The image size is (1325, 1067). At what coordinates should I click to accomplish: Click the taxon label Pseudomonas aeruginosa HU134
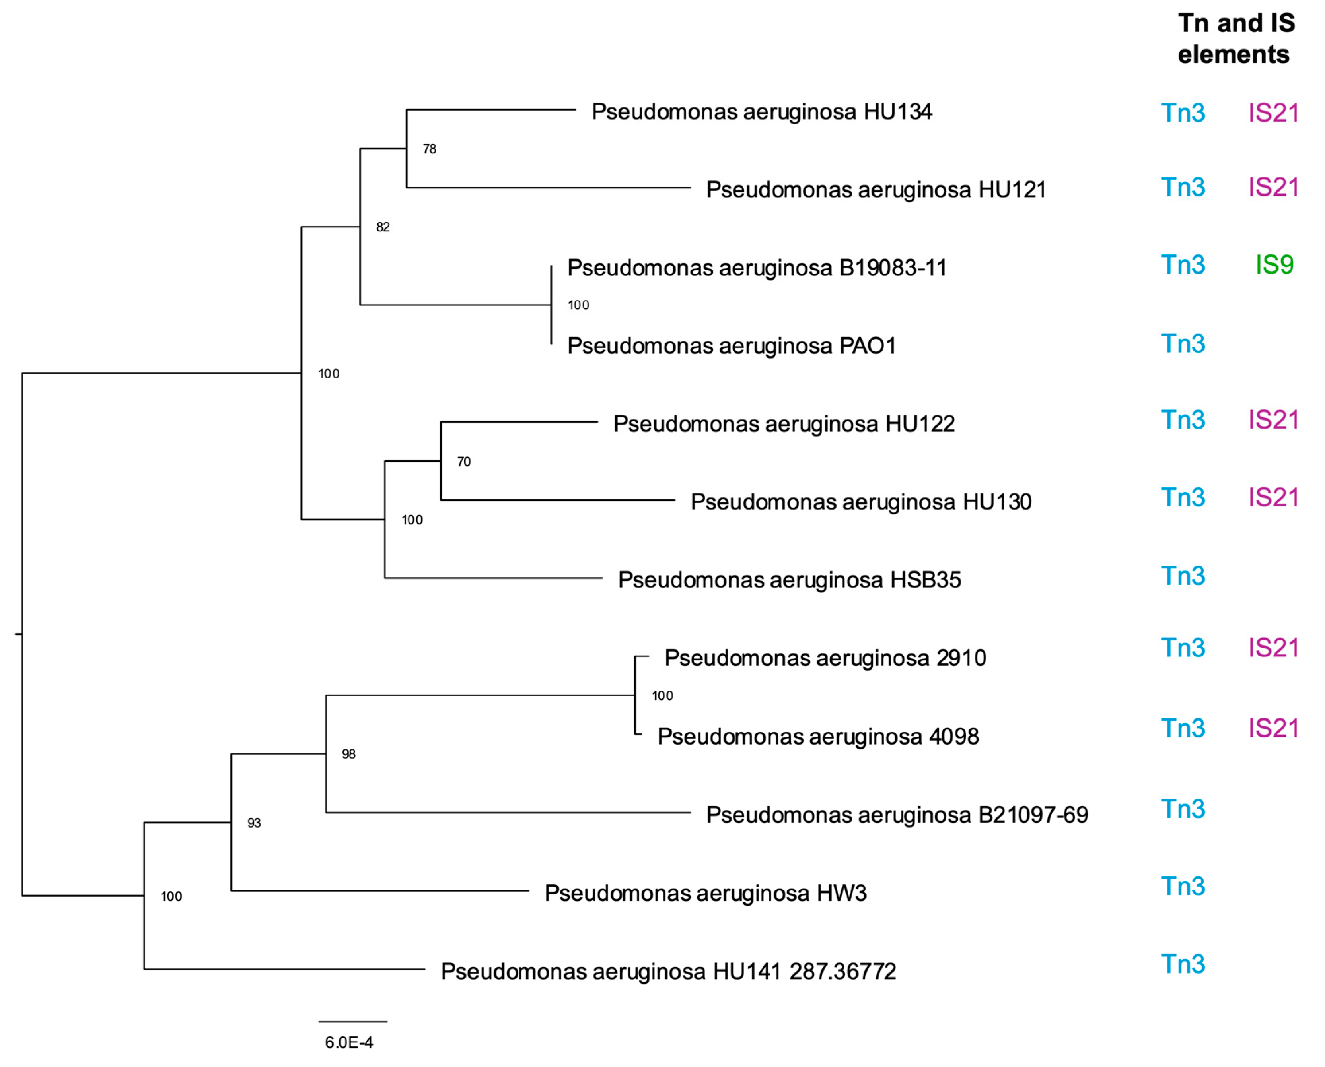tap(761, 112)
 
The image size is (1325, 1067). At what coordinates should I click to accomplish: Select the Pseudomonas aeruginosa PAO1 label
tap(731, 346)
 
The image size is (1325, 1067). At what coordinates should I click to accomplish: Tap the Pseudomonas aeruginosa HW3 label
tap(705, 893)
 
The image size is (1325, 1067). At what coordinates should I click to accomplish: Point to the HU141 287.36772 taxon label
tap(668, 972)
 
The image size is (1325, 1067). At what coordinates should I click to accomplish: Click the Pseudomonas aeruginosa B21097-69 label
tap(897, 815)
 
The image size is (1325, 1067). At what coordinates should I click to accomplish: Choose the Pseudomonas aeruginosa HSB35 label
tap(789, 580)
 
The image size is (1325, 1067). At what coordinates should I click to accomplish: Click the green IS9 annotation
tap(1274, 265)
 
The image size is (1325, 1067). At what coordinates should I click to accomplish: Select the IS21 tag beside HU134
tap(1273, 113)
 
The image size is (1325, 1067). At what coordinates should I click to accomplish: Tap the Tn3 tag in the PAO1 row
tap(1182, 344)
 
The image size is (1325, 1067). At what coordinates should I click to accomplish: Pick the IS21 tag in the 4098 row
tap(1273, 729)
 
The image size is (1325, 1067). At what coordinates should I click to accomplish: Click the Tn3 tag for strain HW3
tap(1182, 887)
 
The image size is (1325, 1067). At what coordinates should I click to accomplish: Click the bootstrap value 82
tap(382, 227)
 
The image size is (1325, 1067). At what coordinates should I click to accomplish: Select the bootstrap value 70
tap(463, 462)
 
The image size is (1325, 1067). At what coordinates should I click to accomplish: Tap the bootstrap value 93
tap(254, 823)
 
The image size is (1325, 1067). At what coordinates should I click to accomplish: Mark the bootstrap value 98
tap(348, 754)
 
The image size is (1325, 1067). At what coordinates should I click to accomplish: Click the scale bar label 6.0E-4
tap(348, 1042)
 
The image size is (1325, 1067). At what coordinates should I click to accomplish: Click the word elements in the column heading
tap(1233, 55)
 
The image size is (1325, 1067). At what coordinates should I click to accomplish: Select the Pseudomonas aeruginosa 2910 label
tap(825, 658)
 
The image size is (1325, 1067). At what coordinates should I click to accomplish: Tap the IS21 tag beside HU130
tap(1273, 498)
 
